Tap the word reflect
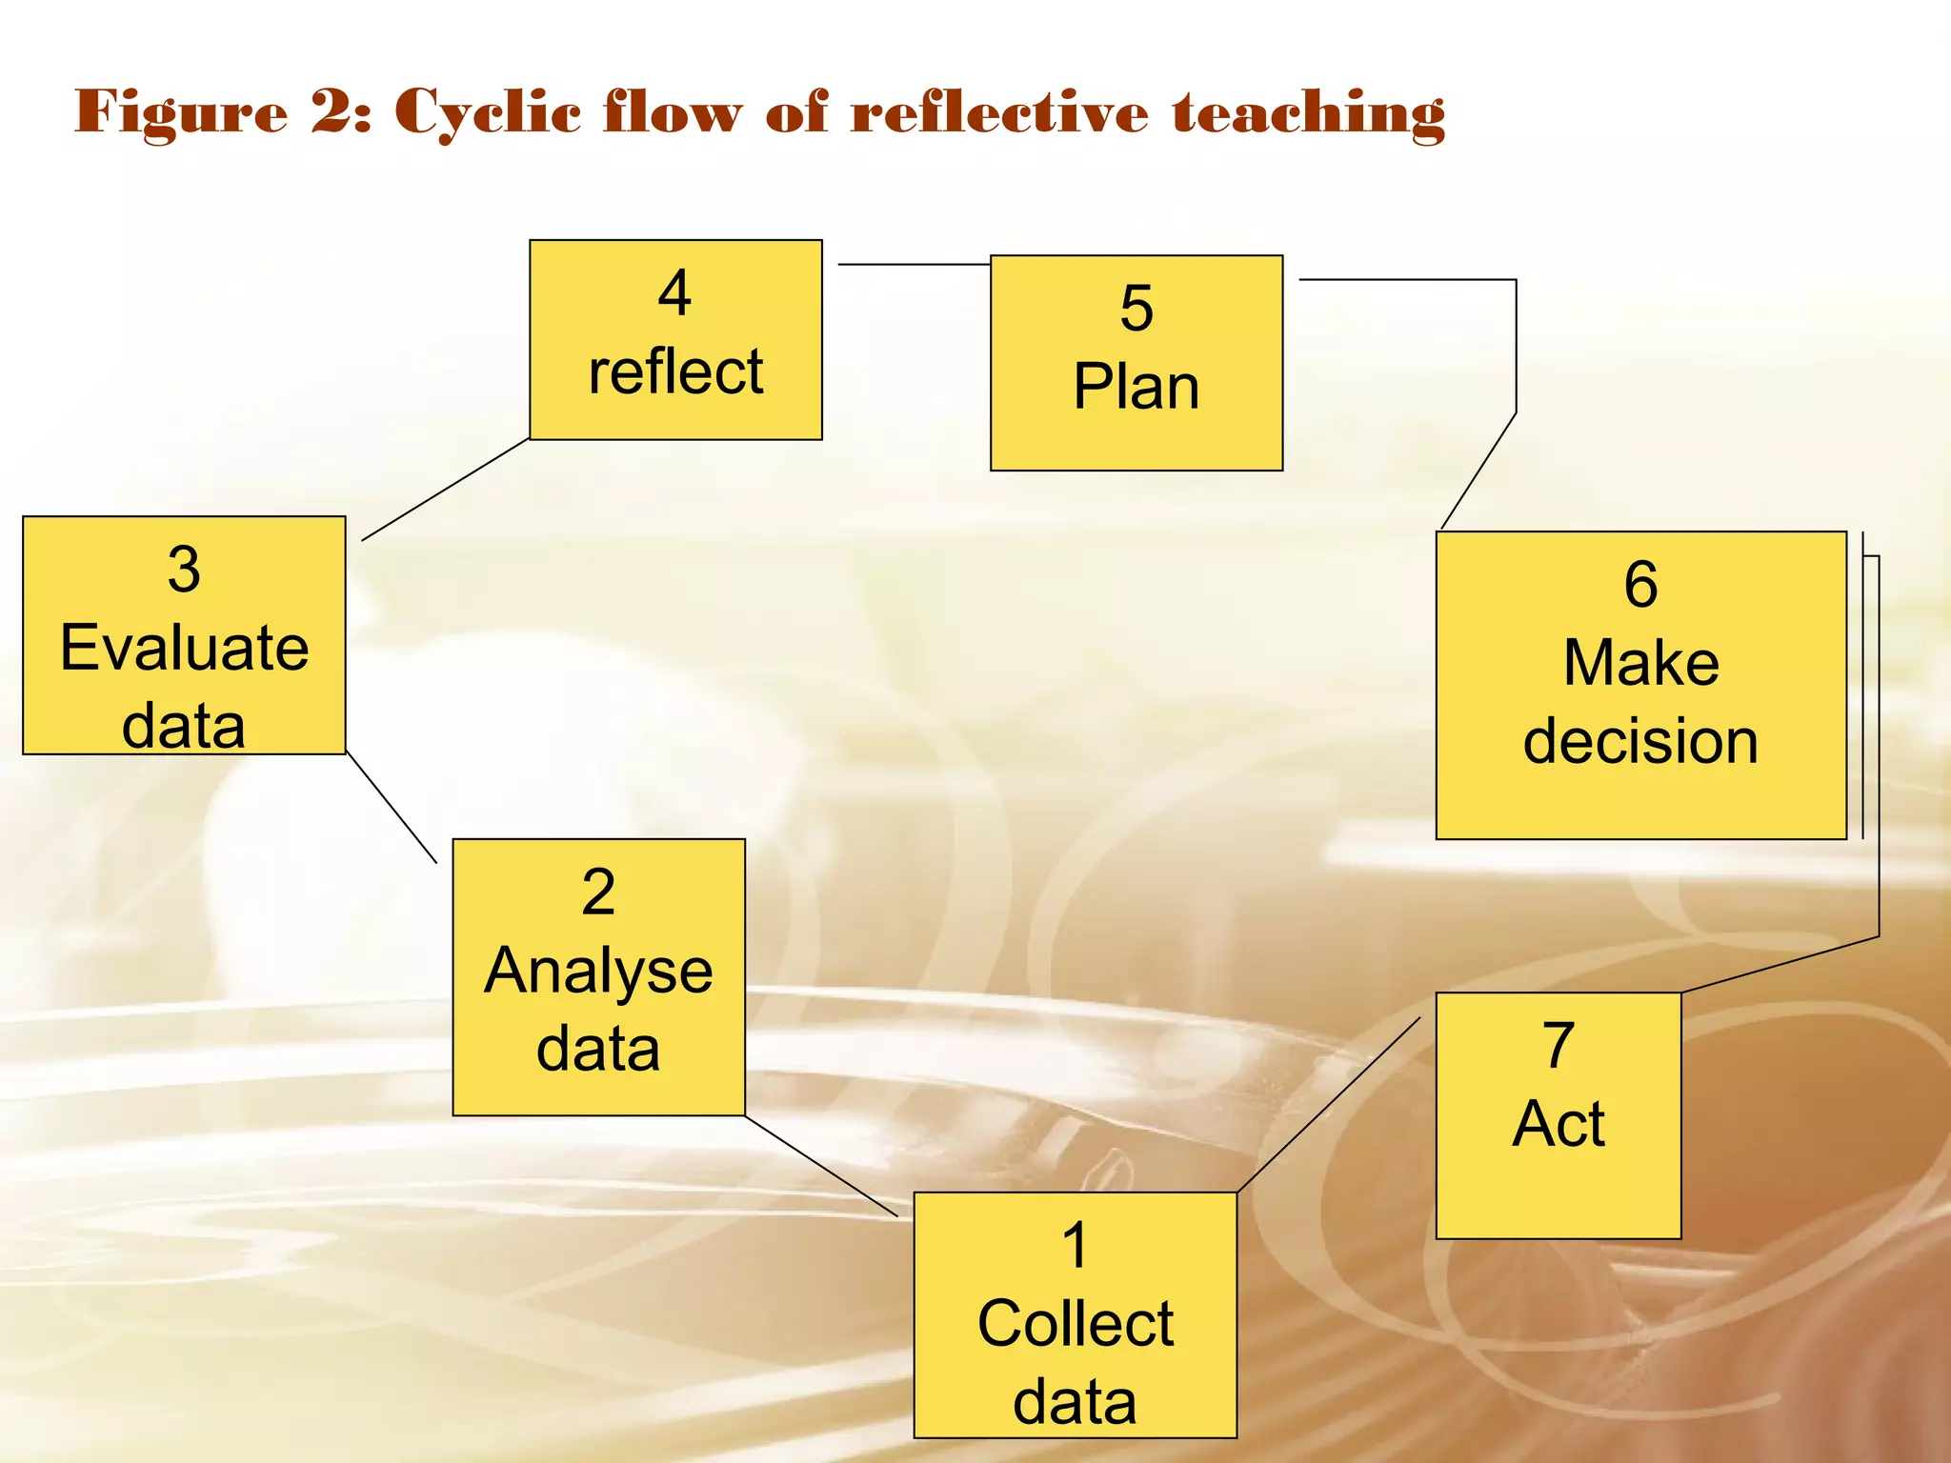tap(675, 371)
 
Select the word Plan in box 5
tap(1136, 388)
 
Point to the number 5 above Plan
tap(1136, 309)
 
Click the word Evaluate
tap(185, 648)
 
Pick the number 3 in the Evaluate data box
tap(184, 570)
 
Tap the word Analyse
tap(598, 972)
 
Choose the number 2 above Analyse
tap(598, 892)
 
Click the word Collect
tap(1076, 1324)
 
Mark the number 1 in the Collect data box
tap(1076, 1246)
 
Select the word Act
tap(1559, 1124)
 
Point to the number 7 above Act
tap(1559, 1045)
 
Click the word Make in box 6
tap(1641, 663)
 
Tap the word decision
tap(1640, 741)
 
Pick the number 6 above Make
tap(1640, 584)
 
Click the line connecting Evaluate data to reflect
tap(446, 490)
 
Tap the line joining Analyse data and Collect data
tap(821, 1166)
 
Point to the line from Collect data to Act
tap(1329, 1105)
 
